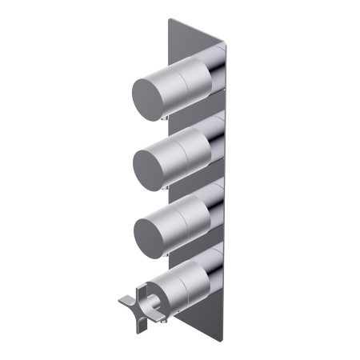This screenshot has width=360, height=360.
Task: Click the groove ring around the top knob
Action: coord(186,80)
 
